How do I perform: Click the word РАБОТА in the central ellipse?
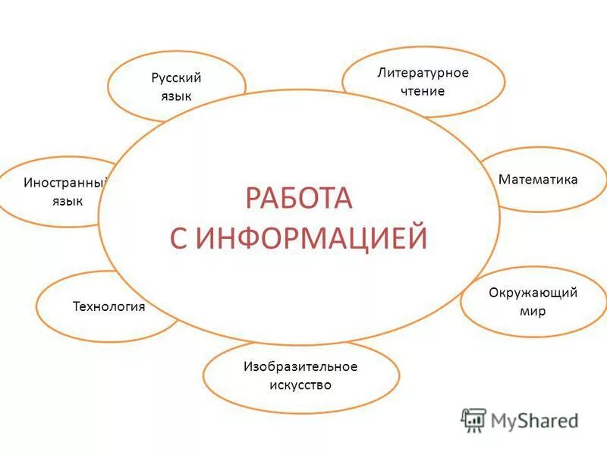pyautogui.click(x=299, y=199)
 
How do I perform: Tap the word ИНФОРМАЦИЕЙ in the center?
pyautogui.click(x=311, y=238)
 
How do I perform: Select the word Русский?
pyautogui.click(x=176, y=77)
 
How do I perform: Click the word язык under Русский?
pyautogui.click(x=176, y=96)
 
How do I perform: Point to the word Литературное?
pyautogui.click(x=423, y=73)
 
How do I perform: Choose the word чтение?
pyautogui.click(x=423, y=91)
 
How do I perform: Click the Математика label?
pyautogui.click(x=538, y=180)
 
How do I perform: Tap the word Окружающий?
pyautogui.click(x=533, y=293)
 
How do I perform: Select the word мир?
pyautogui.click(x=533, y=311)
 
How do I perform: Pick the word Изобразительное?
pyautogui.click(x=300, y=367)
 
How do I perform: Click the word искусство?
pyautogui.click(x=300, y=385)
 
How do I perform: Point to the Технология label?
pyautogui.click(x=109, y=307)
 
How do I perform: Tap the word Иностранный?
pyautogui.click(x=66, y=183)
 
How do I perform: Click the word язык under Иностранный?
pyautogui.click(x=68, y=201)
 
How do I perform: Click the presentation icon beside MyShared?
pyautogui.click(x=473, y=419)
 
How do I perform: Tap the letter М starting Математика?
pyautogui.click(x=503, y=180)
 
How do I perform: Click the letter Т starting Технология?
pyautogui.click(x=76, y=307)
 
